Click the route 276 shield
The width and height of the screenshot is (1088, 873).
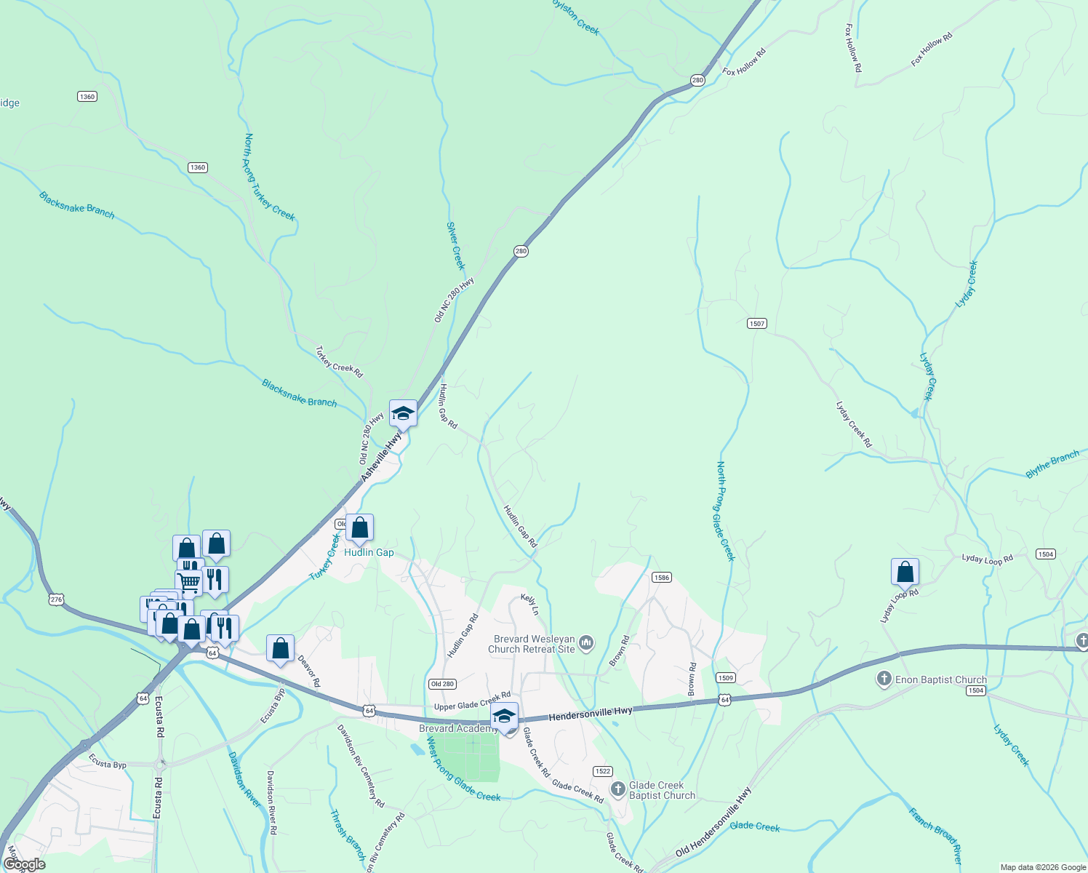coord(57,599)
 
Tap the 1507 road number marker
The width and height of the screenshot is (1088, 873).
coord(757,323)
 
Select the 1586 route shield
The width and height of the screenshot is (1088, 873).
coord(661,578)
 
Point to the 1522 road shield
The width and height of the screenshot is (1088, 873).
coord(602,771)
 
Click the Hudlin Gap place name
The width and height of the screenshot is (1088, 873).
coord(369,553)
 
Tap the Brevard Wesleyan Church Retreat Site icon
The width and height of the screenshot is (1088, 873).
coord(586,643)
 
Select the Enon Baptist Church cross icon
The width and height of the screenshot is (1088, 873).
coord(884,679)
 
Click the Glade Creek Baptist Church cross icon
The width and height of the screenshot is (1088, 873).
coord(618,789)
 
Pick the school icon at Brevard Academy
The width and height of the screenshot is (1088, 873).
coord(504,716)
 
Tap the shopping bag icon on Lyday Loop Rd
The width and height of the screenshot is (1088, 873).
coord(905,572)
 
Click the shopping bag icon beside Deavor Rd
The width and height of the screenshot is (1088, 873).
coord(280,648)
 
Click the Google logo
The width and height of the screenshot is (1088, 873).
coord(24,864)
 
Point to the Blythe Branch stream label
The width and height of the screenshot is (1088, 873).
coord(1052,464)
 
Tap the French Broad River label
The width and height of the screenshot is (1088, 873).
coord(935,836)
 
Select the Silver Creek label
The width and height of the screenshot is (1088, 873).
coord(455,246)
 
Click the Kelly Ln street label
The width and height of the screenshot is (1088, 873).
coord(529,605)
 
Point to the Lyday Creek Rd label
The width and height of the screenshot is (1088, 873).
coord(853,424)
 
